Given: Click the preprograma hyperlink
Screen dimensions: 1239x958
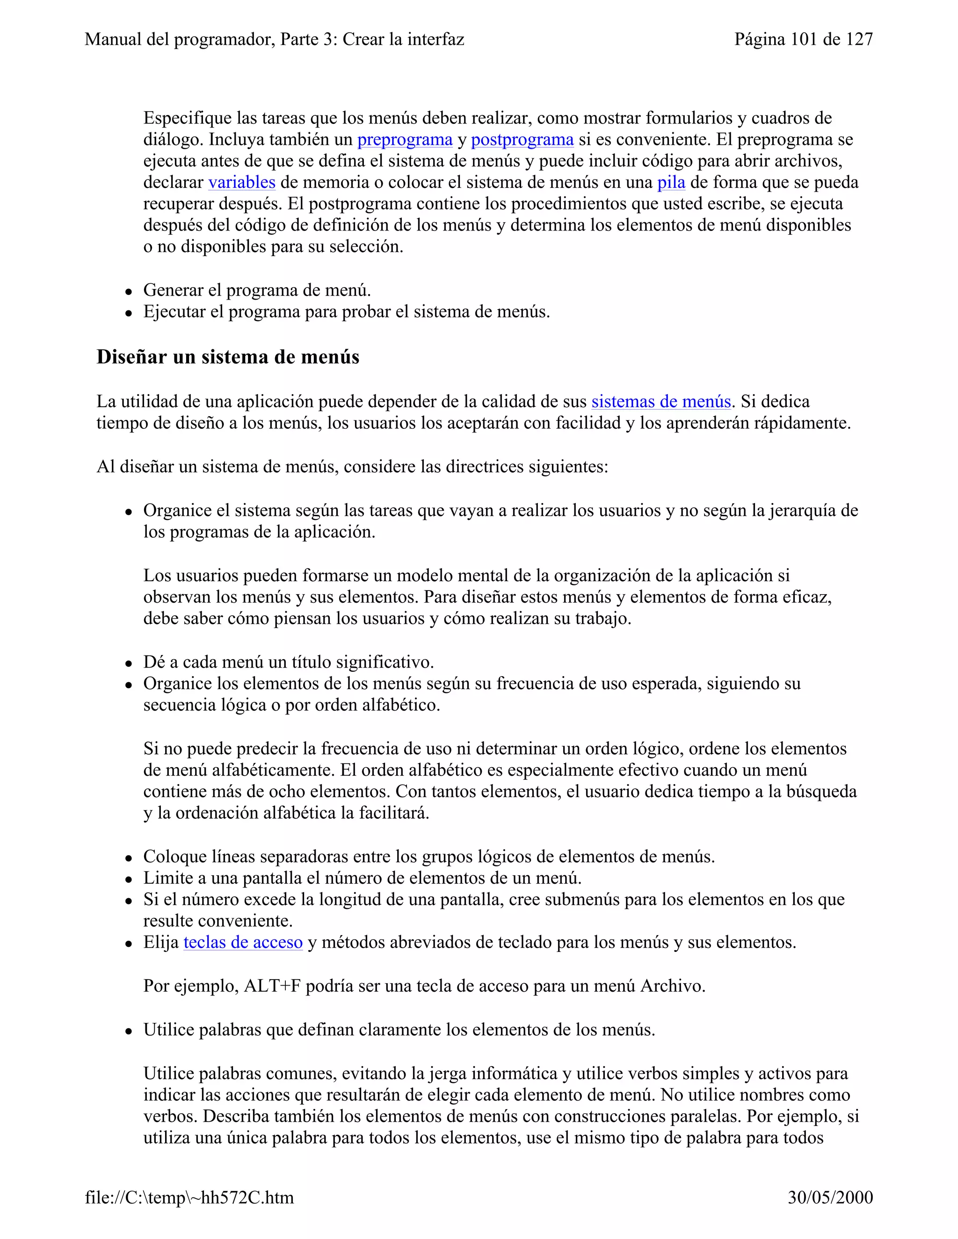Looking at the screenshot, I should point(405,139).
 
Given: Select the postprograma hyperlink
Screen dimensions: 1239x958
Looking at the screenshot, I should point(522,139).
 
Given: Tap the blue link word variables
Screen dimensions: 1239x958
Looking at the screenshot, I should point(242,183).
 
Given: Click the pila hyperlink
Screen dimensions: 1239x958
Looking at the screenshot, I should point(671,183).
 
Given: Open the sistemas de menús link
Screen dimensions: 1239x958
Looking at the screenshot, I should point(660,402).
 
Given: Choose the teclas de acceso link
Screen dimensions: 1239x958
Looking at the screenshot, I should point(243,942).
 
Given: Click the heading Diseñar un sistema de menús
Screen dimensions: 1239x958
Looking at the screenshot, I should point(228,357).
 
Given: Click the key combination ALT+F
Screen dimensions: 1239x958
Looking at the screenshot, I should point(272,986).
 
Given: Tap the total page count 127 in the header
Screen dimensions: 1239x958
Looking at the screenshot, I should point(859,39).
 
